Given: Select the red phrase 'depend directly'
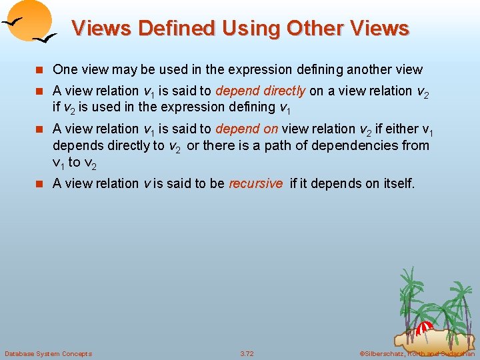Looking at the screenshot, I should click(261, 91).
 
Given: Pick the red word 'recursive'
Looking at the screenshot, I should click(255, 183).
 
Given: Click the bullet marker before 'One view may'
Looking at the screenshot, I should click(40, 70).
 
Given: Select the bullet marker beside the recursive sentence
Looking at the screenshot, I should click(40, 184).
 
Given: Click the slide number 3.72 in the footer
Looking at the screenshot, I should click(247, 353).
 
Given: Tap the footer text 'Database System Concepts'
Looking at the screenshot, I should click(48, 353).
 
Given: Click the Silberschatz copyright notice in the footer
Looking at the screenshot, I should click(417, 353).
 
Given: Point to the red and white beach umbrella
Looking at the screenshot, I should click(424, 327).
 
